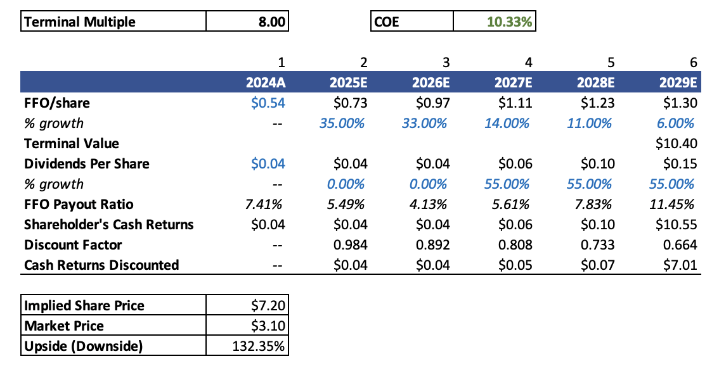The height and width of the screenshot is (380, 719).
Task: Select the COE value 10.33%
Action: pyautogui.click(x=510, y=22)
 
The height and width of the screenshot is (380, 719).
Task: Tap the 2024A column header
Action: pyautogui.click(x=266, y=83)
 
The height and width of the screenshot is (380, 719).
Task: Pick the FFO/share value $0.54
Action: pyautogui.click(x=268, y=103)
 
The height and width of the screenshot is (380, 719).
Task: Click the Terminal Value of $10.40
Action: pyautogui.click(x=677, y=144)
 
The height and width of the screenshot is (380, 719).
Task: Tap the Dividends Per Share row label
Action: pyautogui.click(x=86, y=164)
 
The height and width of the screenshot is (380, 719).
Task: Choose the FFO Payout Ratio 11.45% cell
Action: pyautogui.click(x=675, y=205)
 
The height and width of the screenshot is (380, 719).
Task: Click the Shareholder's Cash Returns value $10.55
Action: pyautogui.click(x=677, y=225)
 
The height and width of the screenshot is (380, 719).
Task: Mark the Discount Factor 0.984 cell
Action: pyautogui.click(x=351, y=245)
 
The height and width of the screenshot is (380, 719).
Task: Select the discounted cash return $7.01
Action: pyautogui.click(x=680, y=265)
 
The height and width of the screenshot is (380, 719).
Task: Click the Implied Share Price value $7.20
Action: pyautogui.click(x=269, y=306)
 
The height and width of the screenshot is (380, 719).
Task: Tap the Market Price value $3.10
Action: pyautogui.click(x=269, y=326)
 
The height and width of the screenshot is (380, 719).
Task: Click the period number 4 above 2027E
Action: pyautogui.click(x=528, y=62)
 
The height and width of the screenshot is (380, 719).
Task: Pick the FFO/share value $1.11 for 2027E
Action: pyautogui.click(x=515, y=103)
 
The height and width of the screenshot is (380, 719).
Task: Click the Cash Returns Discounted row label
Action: pyautogui.click(x=101, y=265)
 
